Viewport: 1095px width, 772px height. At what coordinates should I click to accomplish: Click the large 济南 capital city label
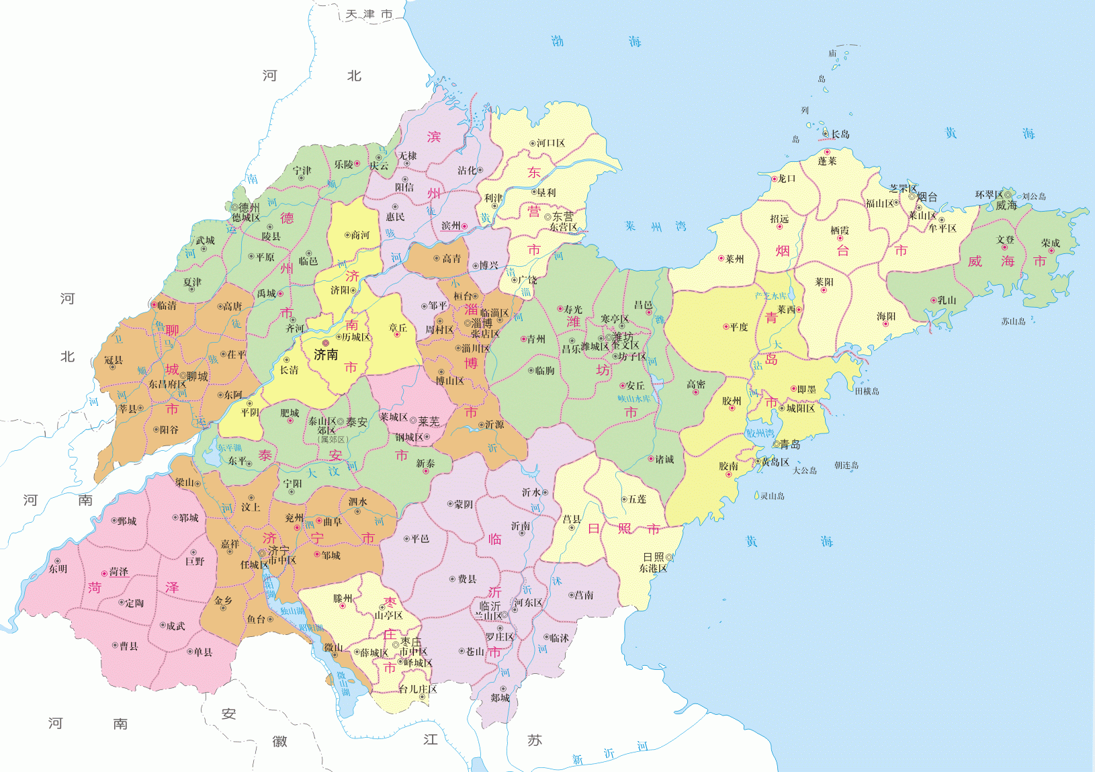pyautogui.click(x=326, y=355)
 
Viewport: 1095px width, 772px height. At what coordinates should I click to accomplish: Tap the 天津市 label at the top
pyautogui.click(x=369, y=14)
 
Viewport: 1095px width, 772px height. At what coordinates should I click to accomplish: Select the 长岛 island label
pyautogui.click(x=840, y=134)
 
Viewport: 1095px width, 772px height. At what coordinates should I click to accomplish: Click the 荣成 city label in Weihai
pyautogui.click(x=1050, y=243)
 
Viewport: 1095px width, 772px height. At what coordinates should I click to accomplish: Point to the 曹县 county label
pyautogui.click(x=128, y=646)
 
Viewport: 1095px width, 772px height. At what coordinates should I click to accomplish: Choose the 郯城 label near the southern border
pyautogui.click(x=500, y=697)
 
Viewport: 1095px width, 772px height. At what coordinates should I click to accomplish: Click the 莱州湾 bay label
pyautogui.click(x=656, y=226)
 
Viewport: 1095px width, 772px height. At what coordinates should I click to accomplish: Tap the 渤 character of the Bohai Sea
pyautogui.click(x=558, y=41)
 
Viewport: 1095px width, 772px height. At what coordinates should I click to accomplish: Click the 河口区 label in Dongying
pyautogui.click(x=550, y=143)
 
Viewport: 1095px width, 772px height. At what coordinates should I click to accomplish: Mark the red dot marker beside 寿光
pyautogui.click(x=560, y=309)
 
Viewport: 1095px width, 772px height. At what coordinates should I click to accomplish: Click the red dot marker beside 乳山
pyautogui.click(x=933, y=300)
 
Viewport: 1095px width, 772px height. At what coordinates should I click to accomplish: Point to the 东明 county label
pyautogui.click(x=58, y=568)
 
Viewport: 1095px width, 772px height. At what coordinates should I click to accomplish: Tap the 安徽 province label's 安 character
pyautogui.click(x=228, y=714)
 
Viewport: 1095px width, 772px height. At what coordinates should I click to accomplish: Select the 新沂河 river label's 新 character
pyautogui.click(x=577, y=759)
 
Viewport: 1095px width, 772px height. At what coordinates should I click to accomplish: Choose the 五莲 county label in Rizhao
pyautogui.click(x=637, y=499)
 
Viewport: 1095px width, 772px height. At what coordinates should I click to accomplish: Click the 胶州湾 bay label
pyautogui.click(x=760, y=433)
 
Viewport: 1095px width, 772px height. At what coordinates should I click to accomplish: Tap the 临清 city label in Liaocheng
pyautogui.click(x=166, y=305)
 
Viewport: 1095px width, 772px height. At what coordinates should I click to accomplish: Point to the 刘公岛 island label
pyautogui.click(x=1034, y=196)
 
